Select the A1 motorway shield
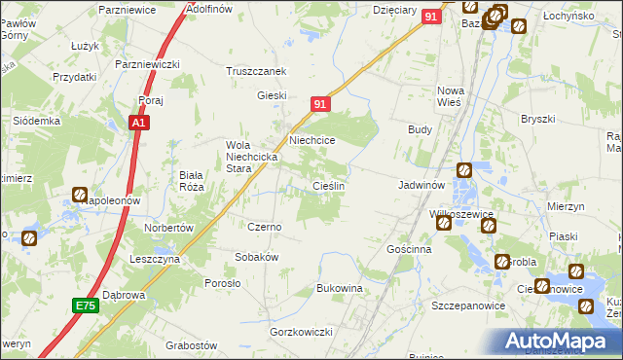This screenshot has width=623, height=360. point(139,124)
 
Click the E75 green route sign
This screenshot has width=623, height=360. point(85,306)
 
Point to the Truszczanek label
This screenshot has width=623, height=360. point(255,71)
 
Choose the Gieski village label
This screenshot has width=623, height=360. point(271,95)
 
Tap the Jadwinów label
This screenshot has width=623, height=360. point(421,184)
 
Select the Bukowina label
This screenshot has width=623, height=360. point(340,289)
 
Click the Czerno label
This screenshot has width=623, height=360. point(264,227)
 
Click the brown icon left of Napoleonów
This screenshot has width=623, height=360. point(79,194)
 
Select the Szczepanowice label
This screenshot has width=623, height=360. point(464,306)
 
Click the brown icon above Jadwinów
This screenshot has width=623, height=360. point(463,169)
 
